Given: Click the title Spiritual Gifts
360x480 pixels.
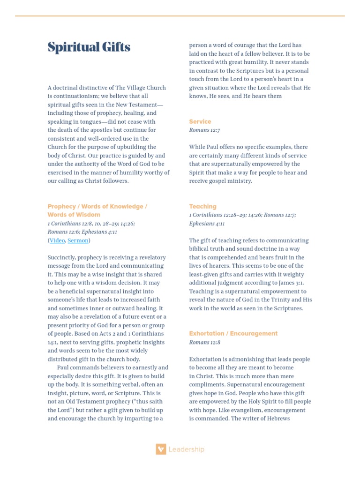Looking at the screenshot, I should [89, 47].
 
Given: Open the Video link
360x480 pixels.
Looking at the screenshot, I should [57, 240].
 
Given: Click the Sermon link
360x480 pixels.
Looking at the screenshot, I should [78, 240].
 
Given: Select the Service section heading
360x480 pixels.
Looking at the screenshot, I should [200, 121].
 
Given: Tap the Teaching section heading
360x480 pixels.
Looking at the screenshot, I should [202, 206].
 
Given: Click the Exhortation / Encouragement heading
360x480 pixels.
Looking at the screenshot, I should [233, 333].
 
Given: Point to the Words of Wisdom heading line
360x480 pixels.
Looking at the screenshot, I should [74, 215].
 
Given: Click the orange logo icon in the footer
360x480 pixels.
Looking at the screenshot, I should [161, 449].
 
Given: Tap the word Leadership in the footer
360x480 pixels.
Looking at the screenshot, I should [186, 449].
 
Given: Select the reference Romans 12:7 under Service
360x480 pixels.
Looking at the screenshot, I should [204, 130].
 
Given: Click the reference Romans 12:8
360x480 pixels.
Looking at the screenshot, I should [204, 342].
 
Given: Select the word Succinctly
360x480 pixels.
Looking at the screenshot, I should [61, 257].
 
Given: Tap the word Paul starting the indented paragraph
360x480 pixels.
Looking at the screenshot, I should [63, 367].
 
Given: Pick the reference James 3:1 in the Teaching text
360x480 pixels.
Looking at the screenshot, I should [292, 283].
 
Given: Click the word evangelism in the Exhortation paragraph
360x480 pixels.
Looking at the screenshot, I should [237, 410].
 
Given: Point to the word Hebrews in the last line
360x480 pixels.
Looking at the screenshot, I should [279, 419].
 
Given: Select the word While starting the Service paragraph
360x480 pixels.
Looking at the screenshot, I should [197, 147].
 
